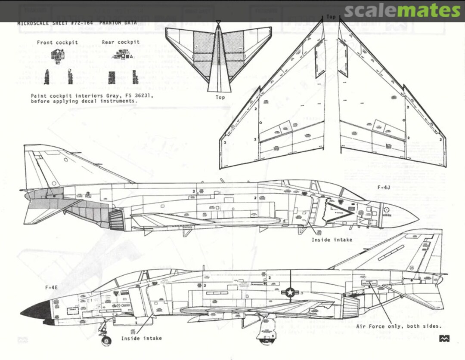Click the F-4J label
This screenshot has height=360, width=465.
384,188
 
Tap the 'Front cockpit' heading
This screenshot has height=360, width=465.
57,43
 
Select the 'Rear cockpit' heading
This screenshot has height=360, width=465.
121,42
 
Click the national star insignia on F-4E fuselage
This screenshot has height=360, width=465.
291,292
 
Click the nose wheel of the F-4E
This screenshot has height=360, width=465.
105,341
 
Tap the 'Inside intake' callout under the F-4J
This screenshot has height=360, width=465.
332,240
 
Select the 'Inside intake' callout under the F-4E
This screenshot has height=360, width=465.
141,338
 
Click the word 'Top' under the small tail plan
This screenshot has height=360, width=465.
220,98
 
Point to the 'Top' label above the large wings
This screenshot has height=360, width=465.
331,17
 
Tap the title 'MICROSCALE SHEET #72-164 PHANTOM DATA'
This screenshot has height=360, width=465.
77,23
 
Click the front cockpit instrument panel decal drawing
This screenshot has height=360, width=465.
57,55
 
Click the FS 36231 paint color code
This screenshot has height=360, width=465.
139,95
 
